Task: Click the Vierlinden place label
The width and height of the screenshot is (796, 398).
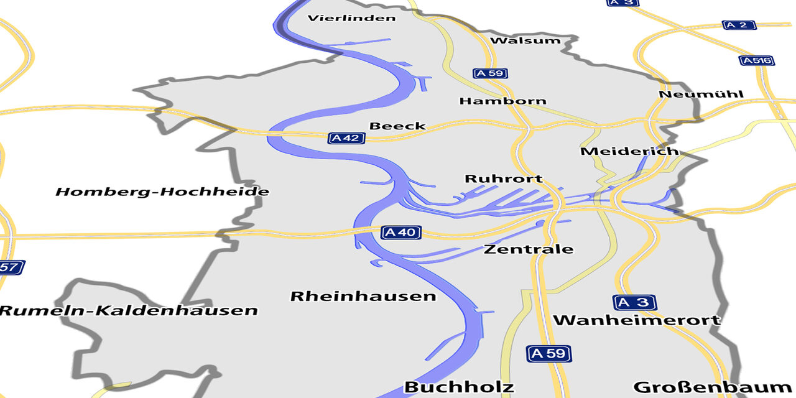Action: click(x=351, y=18)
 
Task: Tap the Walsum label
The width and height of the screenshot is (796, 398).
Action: click(x=525, y=41)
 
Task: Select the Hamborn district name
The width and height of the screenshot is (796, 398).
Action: click(x=502, y=101)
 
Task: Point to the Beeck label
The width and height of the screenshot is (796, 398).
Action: click(x=397, y=126)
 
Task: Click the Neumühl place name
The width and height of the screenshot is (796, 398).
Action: click(x=701, y=95)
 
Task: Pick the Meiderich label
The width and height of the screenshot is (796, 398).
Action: click(x=629, y=151)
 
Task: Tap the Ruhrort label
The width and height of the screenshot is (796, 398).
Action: click(x=504, y=179)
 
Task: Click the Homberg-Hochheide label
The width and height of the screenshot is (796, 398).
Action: click(x=162, y=192)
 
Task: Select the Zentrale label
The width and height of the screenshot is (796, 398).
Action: click(x=529, y=249)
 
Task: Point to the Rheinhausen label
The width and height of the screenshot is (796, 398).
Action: click(x=363, y=296)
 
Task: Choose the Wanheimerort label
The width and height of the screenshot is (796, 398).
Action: click(x=637, y=320)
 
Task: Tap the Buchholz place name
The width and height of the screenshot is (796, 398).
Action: click(x=459, y=387)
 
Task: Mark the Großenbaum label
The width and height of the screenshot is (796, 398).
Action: click(x=711, y=387)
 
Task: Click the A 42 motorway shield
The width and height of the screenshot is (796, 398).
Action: click(x=346, y=138)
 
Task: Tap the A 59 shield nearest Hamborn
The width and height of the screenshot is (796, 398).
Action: click(x=490, y=73)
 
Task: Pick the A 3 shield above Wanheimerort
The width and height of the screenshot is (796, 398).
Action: click(x=635, y=303)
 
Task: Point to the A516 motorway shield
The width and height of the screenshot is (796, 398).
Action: click(x=756, y=60)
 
